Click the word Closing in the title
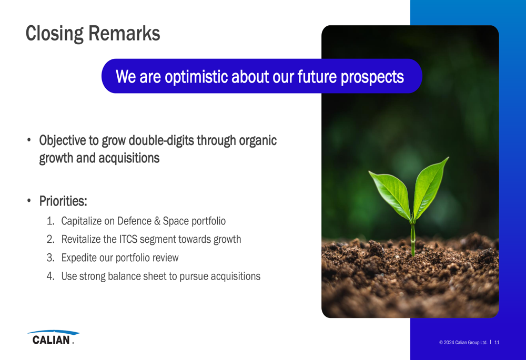tap(55, 34)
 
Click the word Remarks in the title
tap(125, 33)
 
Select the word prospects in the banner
tap(372, 77)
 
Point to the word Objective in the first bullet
tap(63, 141)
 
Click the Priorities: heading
tap(63, 201)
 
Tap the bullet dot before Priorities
tap(29, 201)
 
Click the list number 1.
tap(50, 221)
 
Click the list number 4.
tap(50, 276)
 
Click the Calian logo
tap(53, 337)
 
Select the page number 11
tap(497, 342)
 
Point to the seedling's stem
tap(413, 238)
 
